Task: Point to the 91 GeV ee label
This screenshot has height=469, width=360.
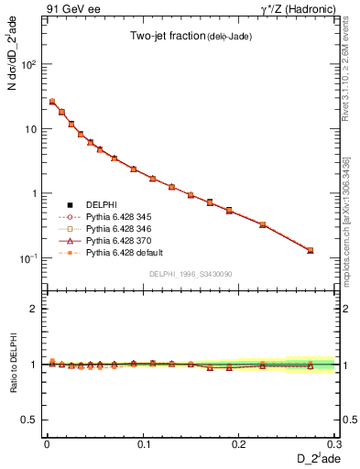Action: [x=72, y=8]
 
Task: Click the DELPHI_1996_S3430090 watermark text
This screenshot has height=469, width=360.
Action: [x=189, y=274]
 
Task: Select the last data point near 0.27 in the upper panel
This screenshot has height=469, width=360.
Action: [x=310, y=250]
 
